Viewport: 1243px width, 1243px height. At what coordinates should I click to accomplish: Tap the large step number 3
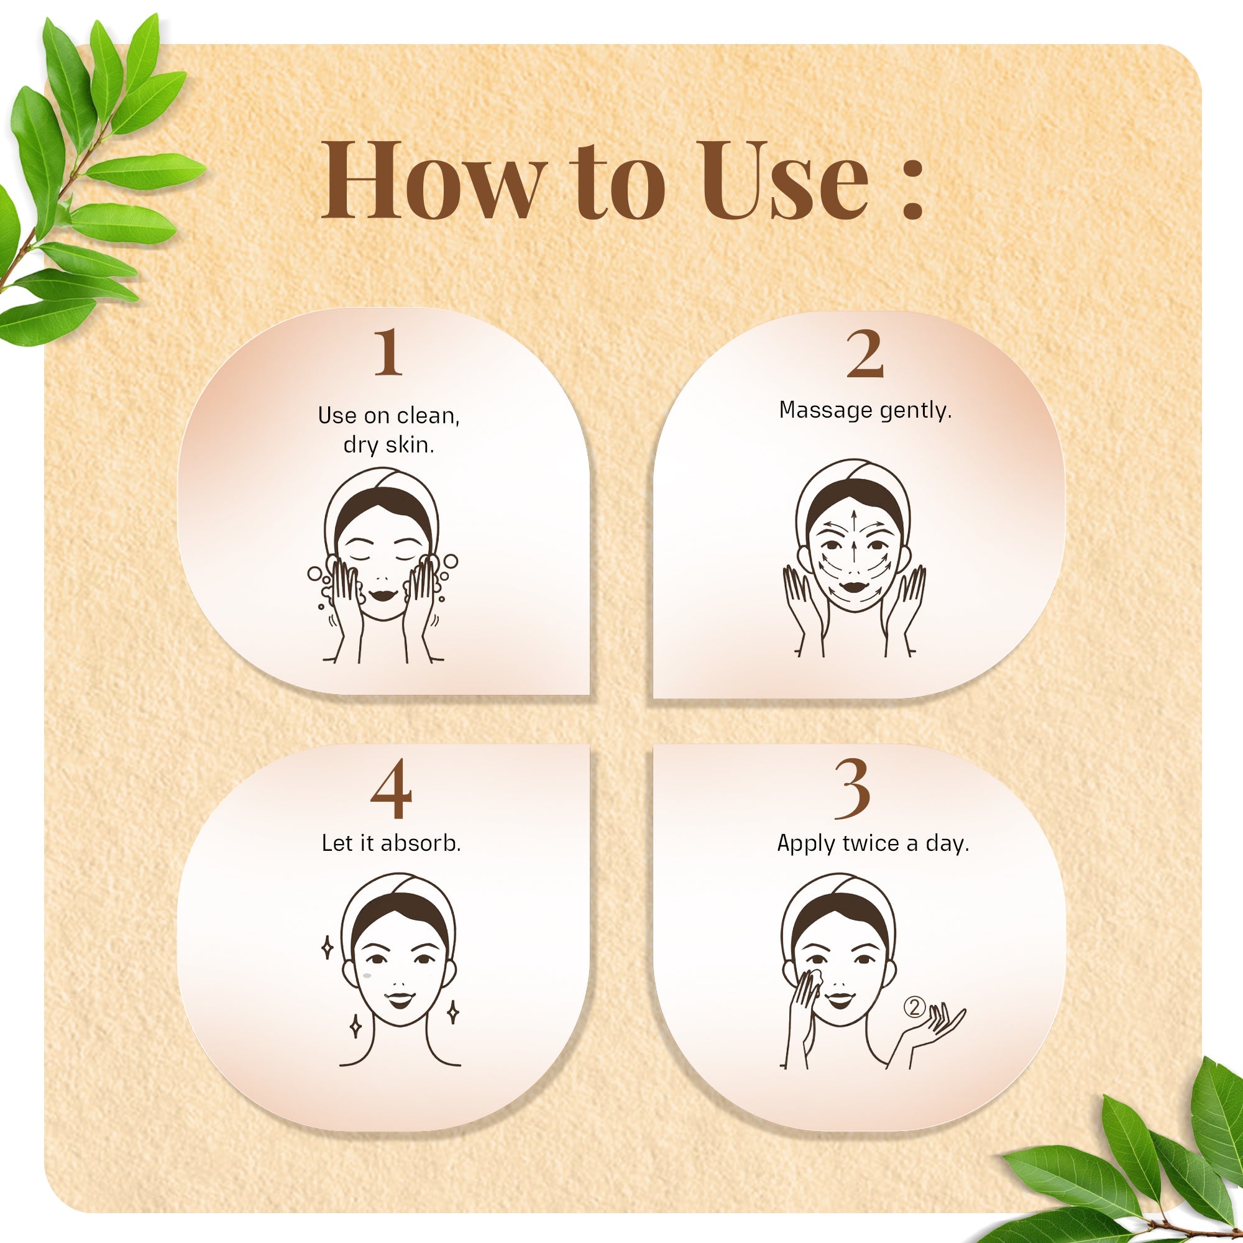[853, 789]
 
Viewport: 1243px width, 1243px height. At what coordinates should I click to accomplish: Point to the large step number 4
[391, 789]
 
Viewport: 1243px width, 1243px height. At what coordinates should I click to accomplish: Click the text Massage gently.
[865, 410]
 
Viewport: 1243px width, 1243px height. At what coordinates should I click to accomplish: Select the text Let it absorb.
[391, 843]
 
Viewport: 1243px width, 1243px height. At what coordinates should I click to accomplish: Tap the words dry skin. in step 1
[388, 444]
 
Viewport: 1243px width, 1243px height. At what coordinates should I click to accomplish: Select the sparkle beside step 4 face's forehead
[327, 948]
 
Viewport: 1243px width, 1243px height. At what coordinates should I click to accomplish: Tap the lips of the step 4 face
[399, 1001]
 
